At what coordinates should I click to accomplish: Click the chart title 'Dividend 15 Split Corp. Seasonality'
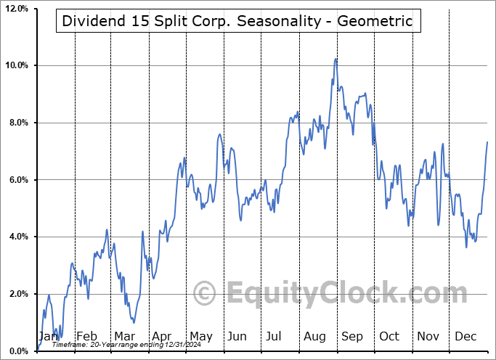pos(237,21)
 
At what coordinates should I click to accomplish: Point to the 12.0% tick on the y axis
pos(17,9)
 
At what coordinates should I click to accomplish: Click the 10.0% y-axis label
pos(17,65)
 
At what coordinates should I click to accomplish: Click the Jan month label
pos(48,337)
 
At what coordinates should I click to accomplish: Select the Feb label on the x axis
pos(87,337)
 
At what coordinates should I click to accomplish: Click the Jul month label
pos(275,337)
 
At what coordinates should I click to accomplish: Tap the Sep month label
pos(351,337)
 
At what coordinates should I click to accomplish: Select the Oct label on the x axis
pos(389,337)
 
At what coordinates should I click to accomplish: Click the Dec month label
pos(465,337)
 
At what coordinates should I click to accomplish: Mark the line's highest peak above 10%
pos(336,59)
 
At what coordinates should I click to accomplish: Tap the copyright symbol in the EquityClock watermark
pos(206,294)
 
